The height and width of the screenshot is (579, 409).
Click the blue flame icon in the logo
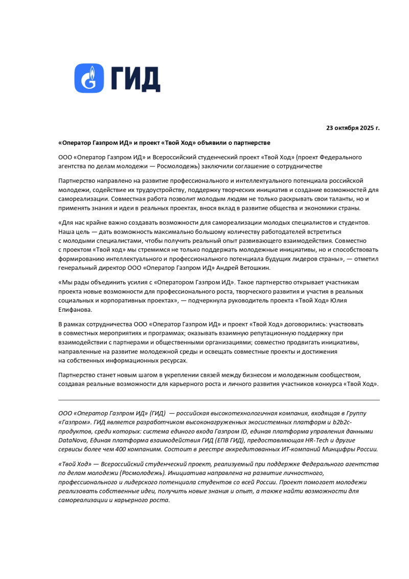click(x=89, y=78)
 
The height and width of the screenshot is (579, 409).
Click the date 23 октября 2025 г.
click(x=353, y=127)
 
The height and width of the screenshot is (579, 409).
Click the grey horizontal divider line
click(x=219, y=400)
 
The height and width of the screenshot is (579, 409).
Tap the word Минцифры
click(x=335, y=449)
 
